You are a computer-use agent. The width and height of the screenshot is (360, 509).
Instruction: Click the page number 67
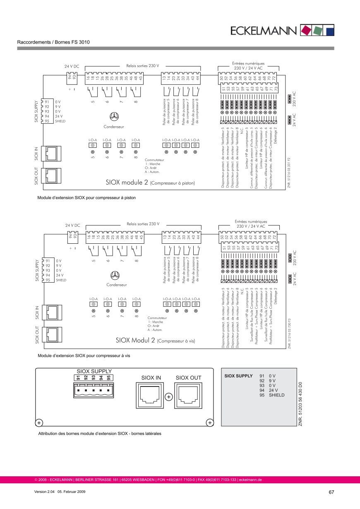pos(331,492)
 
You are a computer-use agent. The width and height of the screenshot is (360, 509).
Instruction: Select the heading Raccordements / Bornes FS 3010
pos(53,42)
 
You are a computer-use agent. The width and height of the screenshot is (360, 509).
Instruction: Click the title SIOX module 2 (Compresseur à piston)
pos(150,182)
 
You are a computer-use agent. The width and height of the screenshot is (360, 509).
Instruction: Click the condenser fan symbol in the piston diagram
pos(114,117)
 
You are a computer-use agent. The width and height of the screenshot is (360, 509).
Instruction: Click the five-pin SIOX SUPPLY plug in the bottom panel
pos(94,390)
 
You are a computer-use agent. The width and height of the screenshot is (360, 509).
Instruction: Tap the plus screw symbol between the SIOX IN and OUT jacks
pos(169,397)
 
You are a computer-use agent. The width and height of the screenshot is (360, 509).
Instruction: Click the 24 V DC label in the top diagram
pos(72,67)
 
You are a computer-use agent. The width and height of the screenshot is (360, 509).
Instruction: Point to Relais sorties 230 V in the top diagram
pos(143,65)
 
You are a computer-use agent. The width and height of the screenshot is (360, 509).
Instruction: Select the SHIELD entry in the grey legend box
pos(276,395)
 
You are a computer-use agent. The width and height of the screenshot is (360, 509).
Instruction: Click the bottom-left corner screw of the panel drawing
pos(38,423)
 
